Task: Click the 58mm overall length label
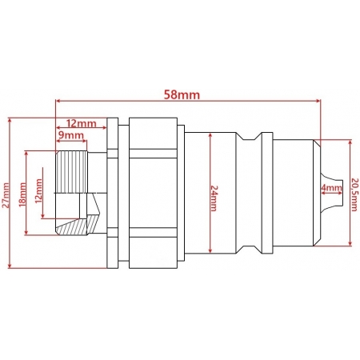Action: point(182,94)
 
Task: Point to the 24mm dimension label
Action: point(214,198)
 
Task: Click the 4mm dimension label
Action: point(331,188)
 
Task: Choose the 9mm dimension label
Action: point(71,135)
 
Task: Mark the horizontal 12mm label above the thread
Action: point(81,123)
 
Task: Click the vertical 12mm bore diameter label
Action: point(39,191)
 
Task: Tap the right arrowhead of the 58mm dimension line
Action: point(318,101)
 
